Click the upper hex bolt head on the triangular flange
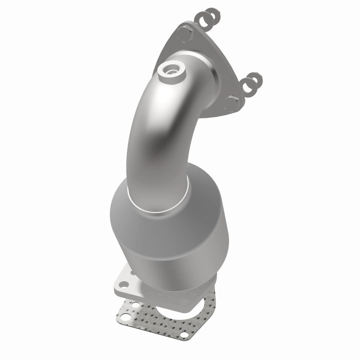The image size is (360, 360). coord(183,34)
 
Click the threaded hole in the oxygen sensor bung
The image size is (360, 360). coord(171,69)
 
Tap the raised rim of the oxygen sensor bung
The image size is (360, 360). coord(163,72)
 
